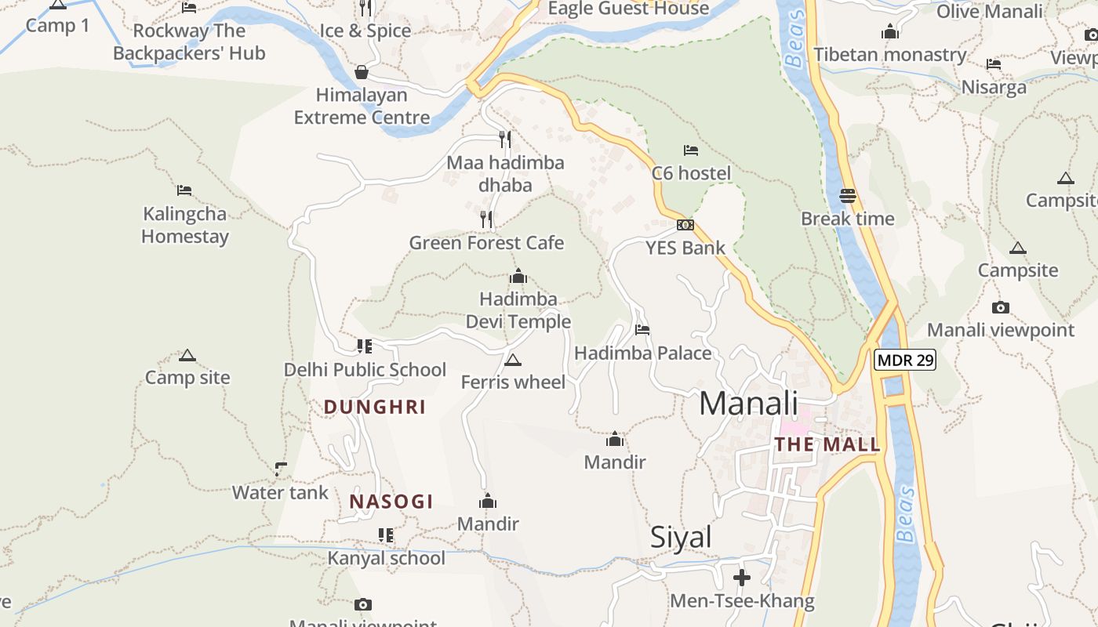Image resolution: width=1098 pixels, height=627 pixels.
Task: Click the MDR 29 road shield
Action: click(x=904, y=360)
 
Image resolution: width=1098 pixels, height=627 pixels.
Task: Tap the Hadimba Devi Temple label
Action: click(x=518, y=310)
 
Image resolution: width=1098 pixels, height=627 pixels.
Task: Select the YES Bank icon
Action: click(x=685, y=225)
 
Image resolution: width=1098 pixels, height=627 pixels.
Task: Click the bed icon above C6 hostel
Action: click(x=690, y=150)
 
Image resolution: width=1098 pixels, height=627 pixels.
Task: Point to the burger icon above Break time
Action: click(x=848, y=195)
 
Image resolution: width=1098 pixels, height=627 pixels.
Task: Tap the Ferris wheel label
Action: click(x=513, y=382)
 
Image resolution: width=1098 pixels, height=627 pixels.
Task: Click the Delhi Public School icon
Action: click(x=364, y=346)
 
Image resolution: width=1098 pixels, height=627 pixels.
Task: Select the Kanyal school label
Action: click(x=386, y=558)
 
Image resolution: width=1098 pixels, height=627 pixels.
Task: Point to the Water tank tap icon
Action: click(x=280, y=469)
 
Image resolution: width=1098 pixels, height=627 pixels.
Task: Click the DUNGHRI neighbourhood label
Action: click(x=375, y=407)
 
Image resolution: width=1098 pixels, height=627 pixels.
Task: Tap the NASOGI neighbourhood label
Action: click(x=391, y=502)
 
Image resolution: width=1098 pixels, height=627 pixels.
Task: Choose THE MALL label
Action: click(x=827, y=445)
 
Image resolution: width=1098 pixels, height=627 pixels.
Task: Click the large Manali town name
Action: click(x=748, y=404)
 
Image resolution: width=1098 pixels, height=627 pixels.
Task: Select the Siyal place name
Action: click(x=681, y=537)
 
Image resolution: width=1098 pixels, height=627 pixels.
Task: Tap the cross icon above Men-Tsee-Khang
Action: click(x=742, y=578)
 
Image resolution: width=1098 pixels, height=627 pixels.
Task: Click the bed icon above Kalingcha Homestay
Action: click(x=184, y=190)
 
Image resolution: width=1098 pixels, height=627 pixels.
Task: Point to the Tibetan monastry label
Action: click(x=890, y=55)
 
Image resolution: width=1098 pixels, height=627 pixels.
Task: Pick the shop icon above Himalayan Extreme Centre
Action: click(x=362, y=72)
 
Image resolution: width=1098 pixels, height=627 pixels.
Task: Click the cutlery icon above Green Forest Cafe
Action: click(x=487, y=219)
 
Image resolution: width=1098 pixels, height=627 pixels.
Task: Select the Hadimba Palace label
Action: click(x=643, y=353)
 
